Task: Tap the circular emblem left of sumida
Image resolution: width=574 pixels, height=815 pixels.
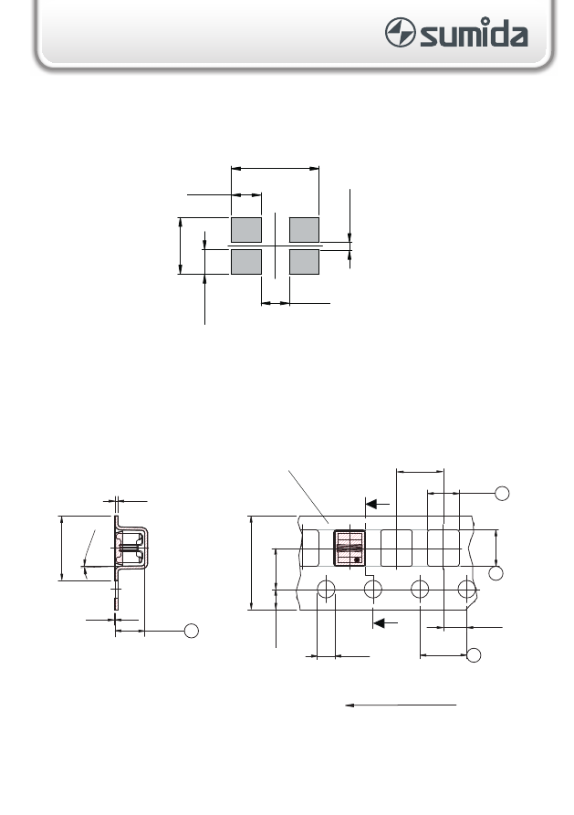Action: (x=400, y=32)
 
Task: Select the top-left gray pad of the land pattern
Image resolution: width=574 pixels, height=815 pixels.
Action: (x=246, y=230)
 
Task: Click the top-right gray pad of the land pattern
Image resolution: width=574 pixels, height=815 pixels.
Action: (x=304, y=230)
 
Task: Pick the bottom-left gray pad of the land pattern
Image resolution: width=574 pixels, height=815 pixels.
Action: (x=246, y=262)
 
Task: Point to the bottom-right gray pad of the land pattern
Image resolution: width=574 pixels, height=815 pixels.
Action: (x=304, y=262)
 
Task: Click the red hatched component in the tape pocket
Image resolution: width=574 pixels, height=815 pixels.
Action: (x=350, y=549)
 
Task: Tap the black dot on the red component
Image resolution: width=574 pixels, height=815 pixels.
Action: (x=357, y=560)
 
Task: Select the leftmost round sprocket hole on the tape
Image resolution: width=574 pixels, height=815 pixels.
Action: (x=326, y=590)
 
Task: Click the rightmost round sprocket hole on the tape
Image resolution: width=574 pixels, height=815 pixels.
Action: (x=467, y=590)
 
